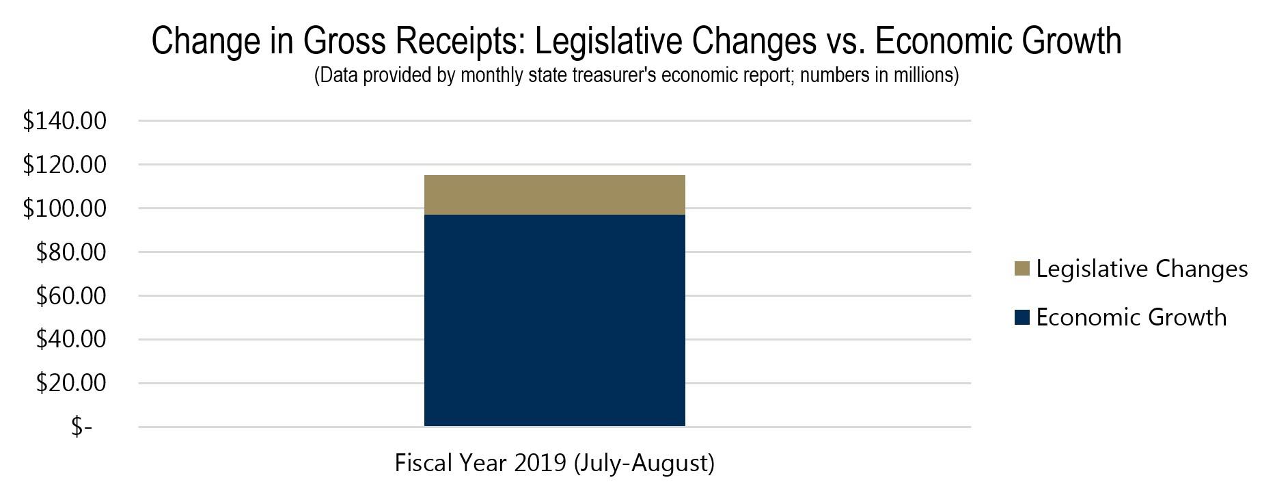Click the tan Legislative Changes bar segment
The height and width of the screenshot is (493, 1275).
554,195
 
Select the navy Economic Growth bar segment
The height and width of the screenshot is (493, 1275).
554,320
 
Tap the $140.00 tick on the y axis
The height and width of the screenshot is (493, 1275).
65,121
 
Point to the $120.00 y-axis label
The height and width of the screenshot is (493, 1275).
65,165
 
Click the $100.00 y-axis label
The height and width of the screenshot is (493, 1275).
65,209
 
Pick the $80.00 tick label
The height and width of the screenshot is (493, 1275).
71,252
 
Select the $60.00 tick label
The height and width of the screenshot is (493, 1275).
71,296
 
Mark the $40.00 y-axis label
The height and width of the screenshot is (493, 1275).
71,339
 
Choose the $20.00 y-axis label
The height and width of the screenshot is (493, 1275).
71,383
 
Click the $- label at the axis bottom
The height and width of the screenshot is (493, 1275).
81,427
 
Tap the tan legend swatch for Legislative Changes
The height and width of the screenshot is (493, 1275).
1022,269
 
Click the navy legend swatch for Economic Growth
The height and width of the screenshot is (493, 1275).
1022,317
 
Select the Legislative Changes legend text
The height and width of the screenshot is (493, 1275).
1142,269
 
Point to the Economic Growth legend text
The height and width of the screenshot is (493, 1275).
1132,317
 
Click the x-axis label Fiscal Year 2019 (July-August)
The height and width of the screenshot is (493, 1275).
554,463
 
